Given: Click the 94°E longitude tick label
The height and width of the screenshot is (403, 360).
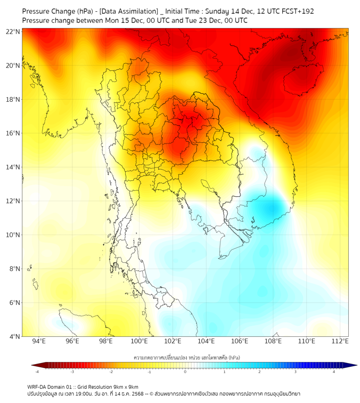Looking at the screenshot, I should [x=39, y=341].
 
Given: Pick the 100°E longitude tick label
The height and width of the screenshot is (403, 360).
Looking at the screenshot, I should [x=140, y=341].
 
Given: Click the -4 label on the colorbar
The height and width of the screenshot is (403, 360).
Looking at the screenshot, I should [x=36, y=372].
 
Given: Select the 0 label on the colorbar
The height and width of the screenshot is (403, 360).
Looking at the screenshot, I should [x=185, y=372].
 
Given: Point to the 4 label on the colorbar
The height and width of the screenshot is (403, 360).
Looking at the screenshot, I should [x=334, y=372].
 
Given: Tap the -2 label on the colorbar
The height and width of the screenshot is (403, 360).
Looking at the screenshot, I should [x=111, y=372].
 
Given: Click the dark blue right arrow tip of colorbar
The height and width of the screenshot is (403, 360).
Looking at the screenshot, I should [x=353, y=365].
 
